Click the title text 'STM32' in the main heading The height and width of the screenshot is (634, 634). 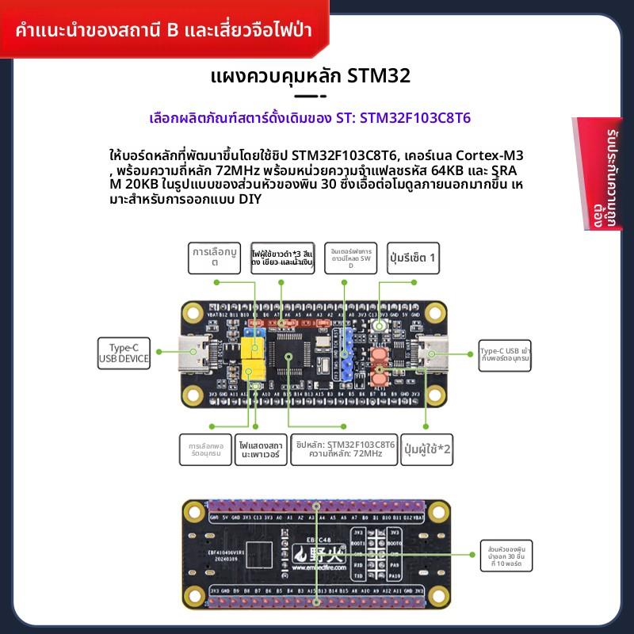(380, 77)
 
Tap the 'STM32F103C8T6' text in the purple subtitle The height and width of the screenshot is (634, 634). (415, 118)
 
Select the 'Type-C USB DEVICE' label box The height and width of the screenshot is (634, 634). (124, 351)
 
